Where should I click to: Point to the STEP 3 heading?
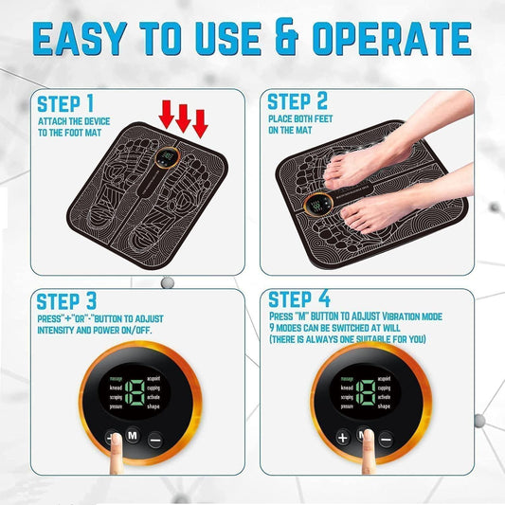67,301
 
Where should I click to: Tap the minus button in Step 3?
153,439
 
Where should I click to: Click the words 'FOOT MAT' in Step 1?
92,134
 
